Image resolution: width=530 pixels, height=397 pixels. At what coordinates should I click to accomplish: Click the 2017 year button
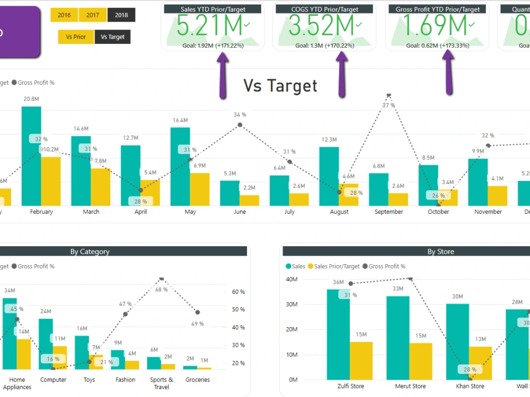pyautogui.click(x=93, y=15)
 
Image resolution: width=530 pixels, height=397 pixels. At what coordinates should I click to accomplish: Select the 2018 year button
pyautogui.click(x=121, y=15)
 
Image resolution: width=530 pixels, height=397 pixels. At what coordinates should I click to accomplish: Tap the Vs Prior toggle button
pyautogui.click(x=76, y=37)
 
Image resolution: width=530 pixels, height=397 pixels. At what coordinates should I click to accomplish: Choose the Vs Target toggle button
pyautogui.click(x=112, y=37)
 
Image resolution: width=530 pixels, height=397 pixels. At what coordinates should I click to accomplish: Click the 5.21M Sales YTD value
pyautogui.click(x=210, y=25)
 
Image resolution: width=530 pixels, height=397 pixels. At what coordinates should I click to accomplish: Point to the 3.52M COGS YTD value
pyautogui.click(x=322, y=25)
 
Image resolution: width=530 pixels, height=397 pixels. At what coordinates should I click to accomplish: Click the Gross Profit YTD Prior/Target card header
pyautogui.click(x=438, y=9)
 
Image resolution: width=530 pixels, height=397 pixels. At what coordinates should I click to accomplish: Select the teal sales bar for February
pyautogui.click(x=31, y=156)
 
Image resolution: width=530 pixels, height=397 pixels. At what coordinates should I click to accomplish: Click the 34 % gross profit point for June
pyautogui.click(x=240, y=125)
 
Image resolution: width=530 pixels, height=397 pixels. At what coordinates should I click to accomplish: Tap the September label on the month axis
pyautogui.click(x=388, y=212)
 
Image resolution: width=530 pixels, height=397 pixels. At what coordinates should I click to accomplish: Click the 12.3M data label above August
pyautogui.click(x=329, y=140)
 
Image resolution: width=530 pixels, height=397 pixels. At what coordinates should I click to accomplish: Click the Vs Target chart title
pyautogui.click(x=280, y=86)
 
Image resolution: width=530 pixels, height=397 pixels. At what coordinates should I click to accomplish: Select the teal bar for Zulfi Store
pyautogui.click(x=338, y=334)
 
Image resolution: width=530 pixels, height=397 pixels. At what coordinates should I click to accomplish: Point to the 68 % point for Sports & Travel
pyautogui.click(x=162, y=278)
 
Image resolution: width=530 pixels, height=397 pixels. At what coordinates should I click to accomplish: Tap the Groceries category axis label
pyautogui.click(x=197, y=380)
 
